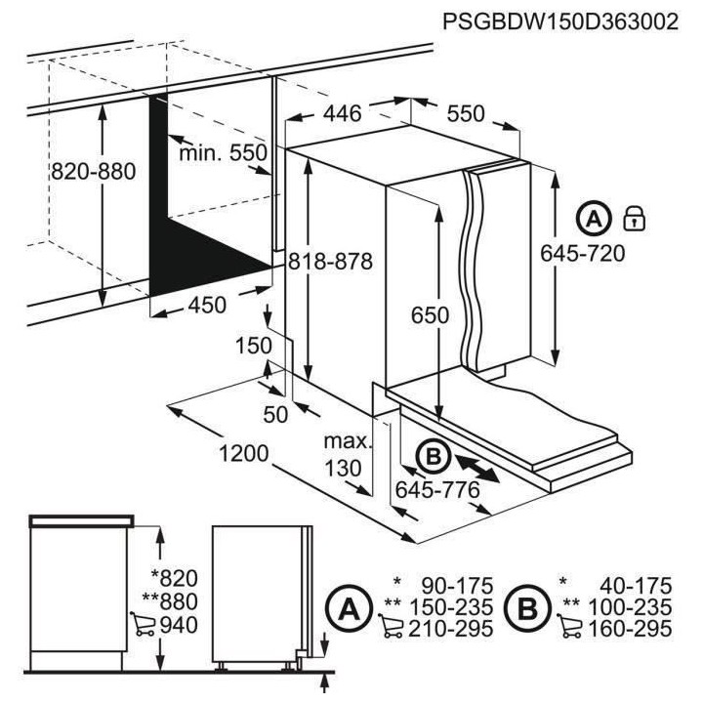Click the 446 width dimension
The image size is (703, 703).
pyautogui.click(x=342, y=114)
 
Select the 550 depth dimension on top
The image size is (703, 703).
pyautogui.click(x=466, y=114)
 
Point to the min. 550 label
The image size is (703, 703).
pyautogui.click(x=223, y=153)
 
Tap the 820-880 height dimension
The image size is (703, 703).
pyautogui.click(x=93, y=171)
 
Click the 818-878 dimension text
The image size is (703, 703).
pyautogui.click(x=331, y=261)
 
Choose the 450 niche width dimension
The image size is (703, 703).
pyautogui.click(x=206, y=305)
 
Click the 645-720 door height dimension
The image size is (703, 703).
pyautogui.click(x=582, y=253)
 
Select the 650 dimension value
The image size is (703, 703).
pyautogui.click(x=430, y=315)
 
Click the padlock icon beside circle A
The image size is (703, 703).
pyautogui.click(x=635, y=218)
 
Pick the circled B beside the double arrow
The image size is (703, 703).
pyautogui.click(x=433, y=455)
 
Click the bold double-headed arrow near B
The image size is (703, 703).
pyautogui.click(x=479, y=466)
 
